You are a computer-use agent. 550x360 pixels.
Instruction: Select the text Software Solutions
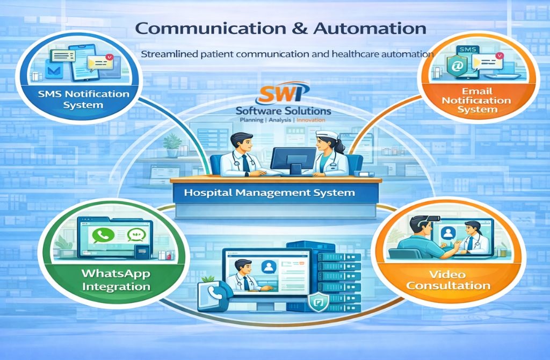[x=284, y=111]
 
